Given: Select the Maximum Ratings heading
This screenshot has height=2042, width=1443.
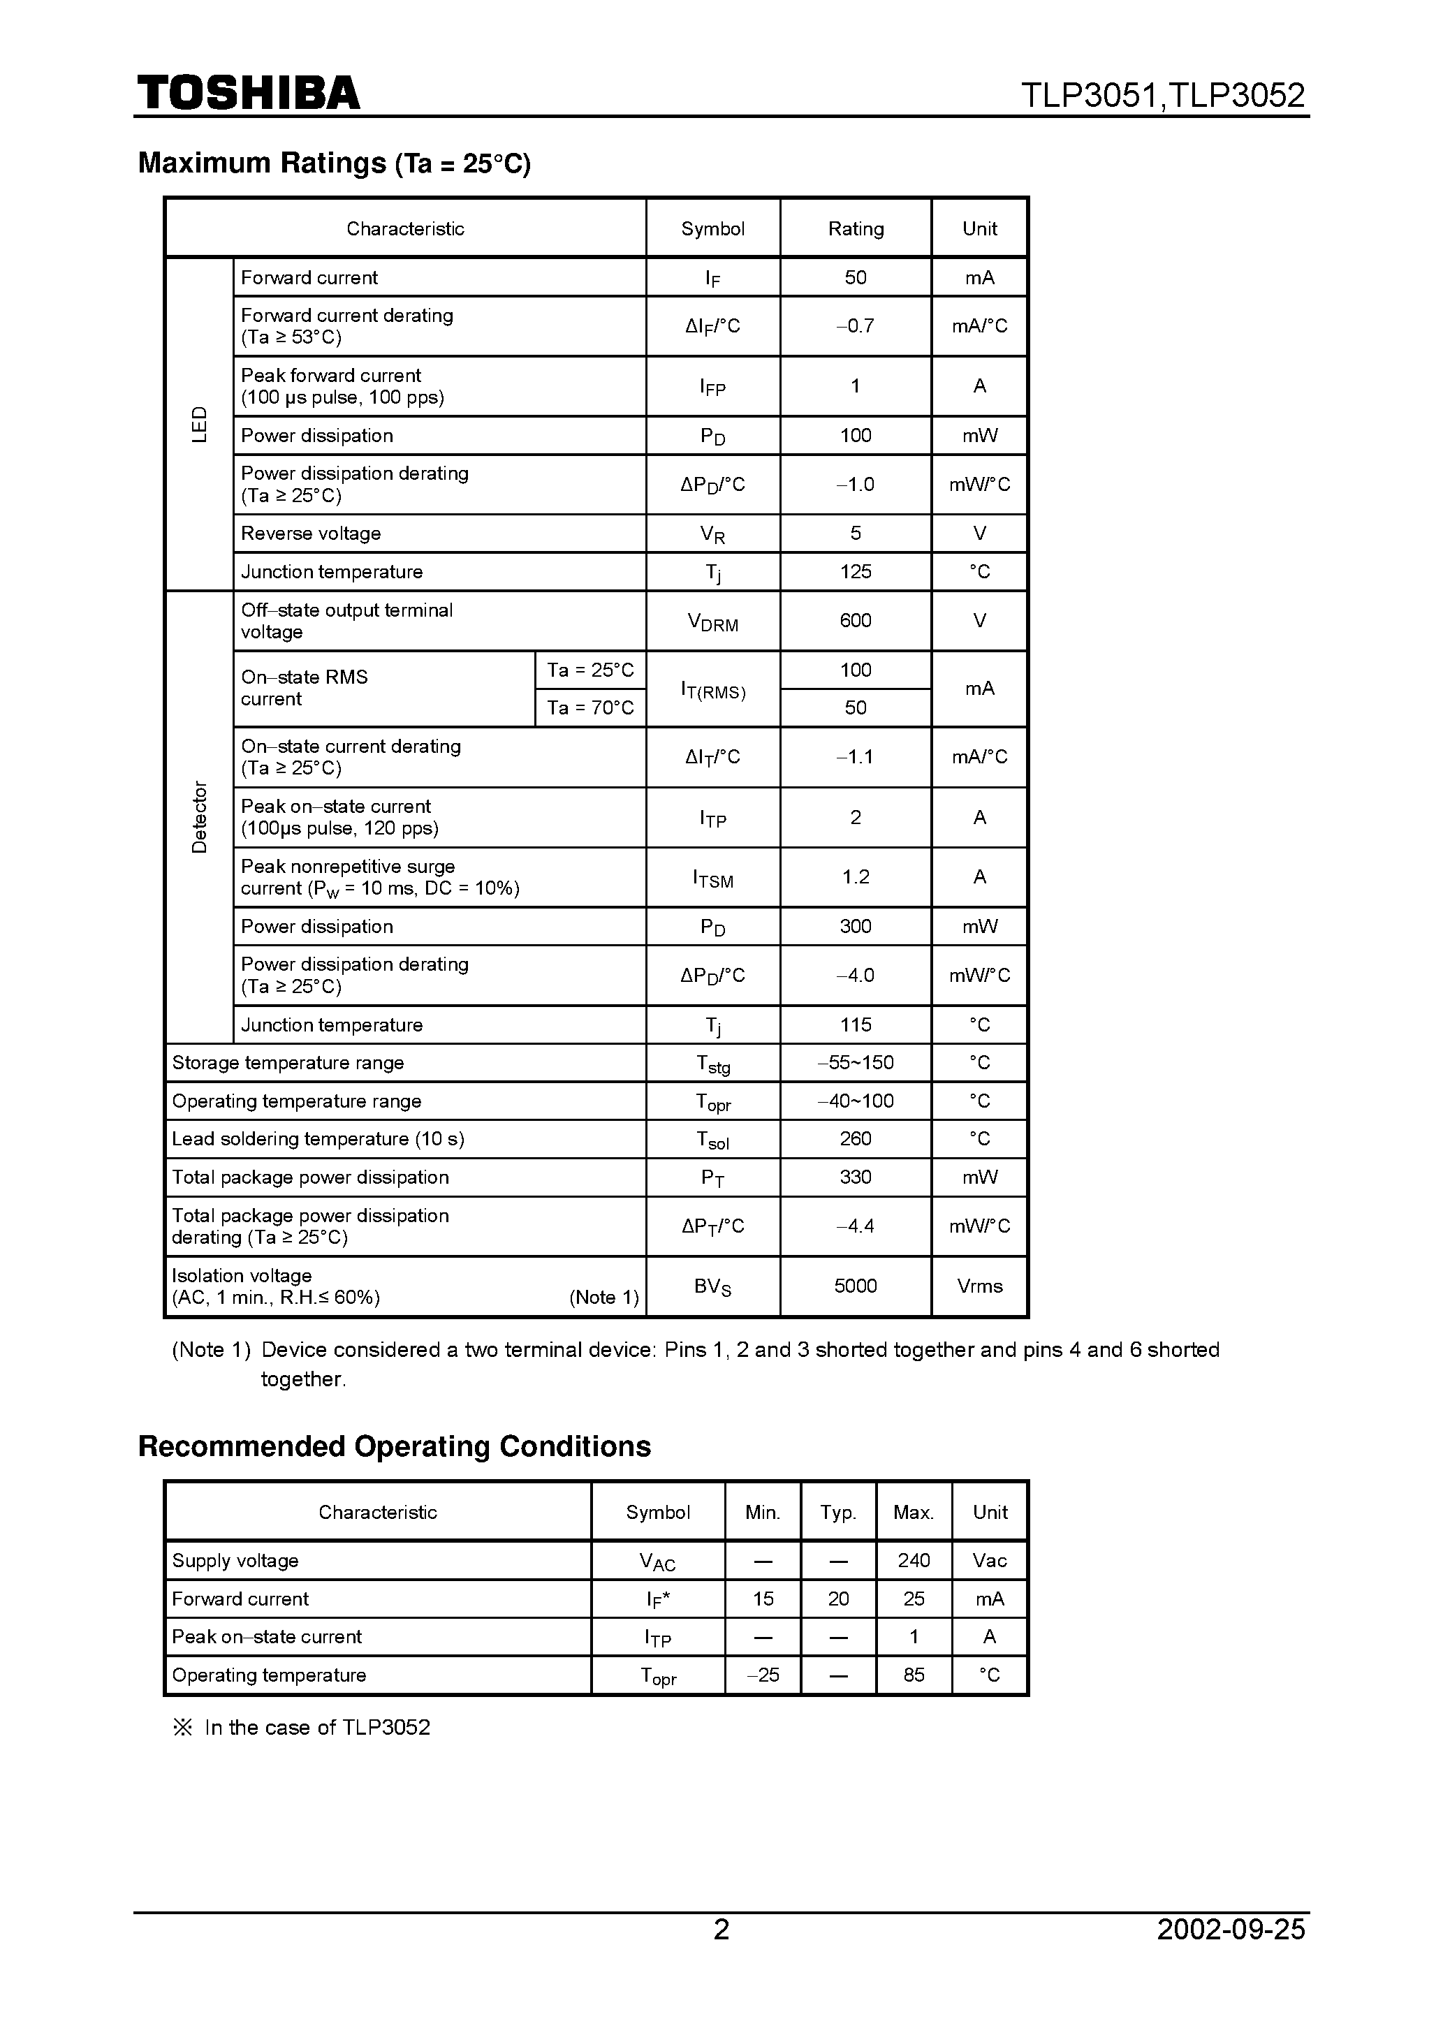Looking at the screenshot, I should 334,163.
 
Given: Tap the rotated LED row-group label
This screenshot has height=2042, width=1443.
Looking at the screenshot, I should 199,424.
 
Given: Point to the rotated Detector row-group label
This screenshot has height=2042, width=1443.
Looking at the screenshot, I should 199,816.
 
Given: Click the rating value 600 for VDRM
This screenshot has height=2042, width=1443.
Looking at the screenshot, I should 855,620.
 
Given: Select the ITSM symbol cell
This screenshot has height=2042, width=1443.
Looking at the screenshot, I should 712,878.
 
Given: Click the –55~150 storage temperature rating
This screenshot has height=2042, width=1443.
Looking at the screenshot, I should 855,1062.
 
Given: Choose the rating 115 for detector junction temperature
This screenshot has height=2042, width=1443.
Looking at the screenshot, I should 855,1024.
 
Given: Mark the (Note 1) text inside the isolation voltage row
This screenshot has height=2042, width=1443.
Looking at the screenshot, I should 604,1297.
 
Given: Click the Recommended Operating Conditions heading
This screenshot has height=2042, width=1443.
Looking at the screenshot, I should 394,1446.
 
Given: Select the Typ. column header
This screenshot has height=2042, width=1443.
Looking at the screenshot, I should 838,1512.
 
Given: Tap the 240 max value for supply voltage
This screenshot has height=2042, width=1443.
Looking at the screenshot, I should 914,1560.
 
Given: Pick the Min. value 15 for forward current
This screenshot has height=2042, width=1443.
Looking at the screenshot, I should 763,1599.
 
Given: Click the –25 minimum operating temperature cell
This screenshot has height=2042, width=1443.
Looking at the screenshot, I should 763,1675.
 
